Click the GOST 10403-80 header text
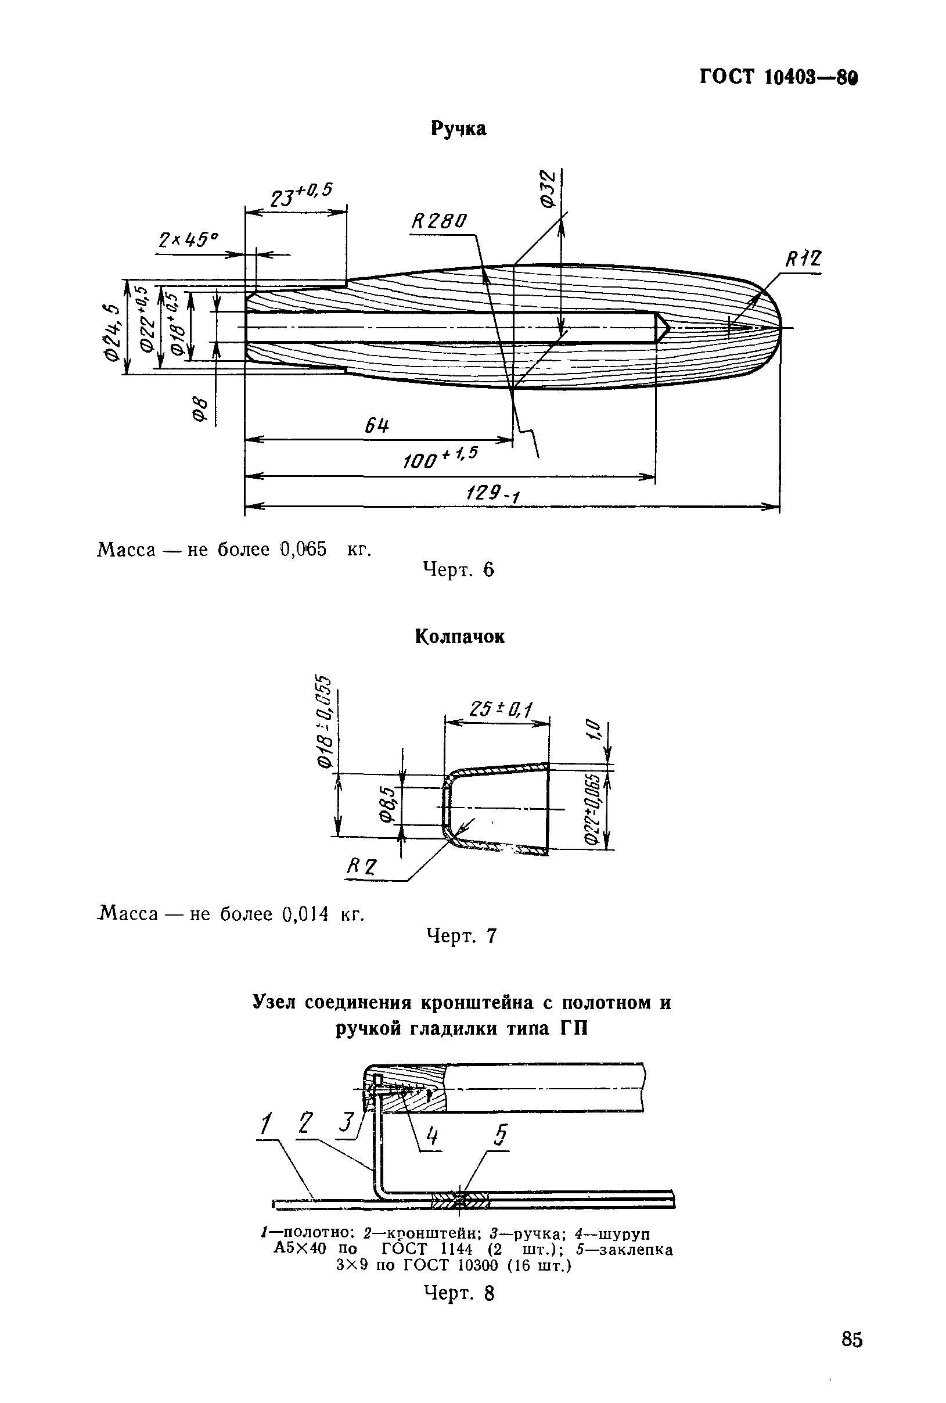(778, 77)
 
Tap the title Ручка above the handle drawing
(459, 128)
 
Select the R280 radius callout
(438, 222)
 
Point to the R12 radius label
(803, 260)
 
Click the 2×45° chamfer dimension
(188, 240)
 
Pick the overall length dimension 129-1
(492, 495)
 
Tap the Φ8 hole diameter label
(201, 411)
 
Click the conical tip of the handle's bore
(663, 328)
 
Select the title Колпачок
(459, 637)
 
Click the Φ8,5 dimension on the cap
(389, 805)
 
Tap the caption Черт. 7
(461, 935)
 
